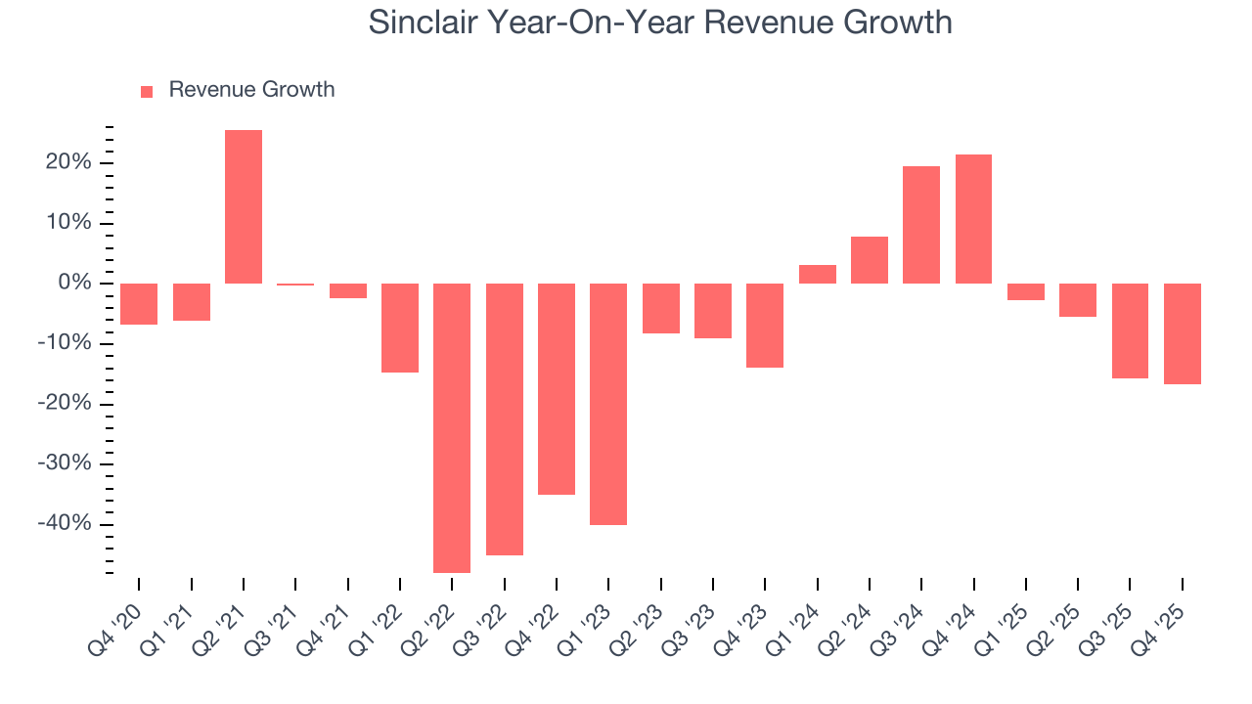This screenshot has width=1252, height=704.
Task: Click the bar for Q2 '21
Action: click(244, 206)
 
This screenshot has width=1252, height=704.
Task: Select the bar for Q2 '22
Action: click(452, 427)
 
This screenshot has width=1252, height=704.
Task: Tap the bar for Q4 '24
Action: click(973, 219)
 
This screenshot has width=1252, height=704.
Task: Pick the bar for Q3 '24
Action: click(921, 225)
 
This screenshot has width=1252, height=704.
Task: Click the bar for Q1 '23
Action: click(608, 404)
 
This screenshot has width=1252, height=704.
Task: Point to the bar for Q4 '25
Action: click(1182, 333)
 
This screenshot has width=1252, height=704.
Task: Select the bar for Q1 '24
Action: click(817, 274)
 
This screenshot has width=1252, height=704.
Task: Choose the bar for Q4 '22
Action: click(557, 389)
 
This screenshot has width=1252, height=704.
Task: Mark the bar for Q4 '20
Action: click(139, 304)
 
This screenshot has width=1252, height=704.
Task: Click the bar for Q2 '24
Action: click(870, 260)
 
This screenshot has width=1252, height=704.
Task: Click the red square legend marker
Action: click(147, 91)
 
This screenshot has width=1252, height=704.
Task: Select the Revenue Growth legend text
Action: click(251, 90)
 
